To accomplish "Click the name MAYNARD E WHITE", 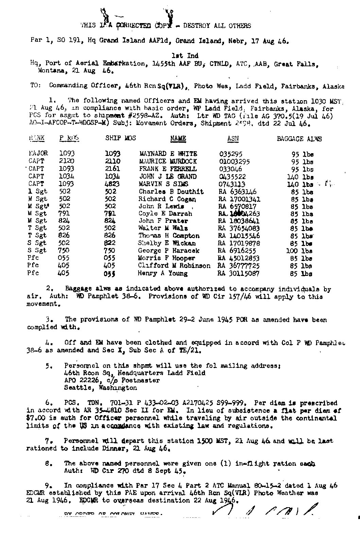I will coord(168,154).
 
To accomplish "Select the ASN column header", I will coord(233,139).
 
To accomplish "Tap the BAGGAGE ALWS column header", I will coord(299,139).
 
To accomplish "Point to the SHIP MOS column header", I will coord(120,138).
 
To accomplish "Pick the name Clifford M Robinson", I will coord(174,266).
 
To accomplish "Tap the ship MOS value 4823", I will coord(113,184).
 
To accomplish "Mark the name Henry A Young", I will coord(162,273).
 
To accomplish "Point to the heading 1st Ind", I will coord(185,55).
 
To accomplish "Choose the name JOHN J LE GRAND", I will coord(168,177).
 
